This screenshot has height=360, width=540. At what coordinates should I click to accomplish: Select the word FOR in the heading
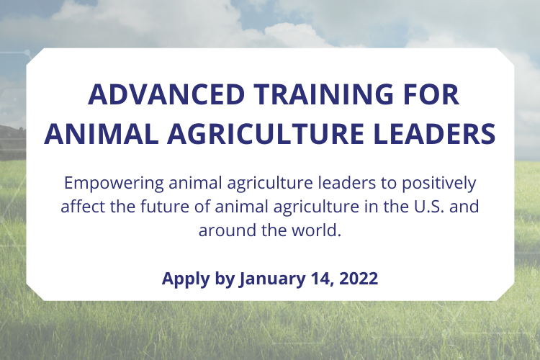click(431, 94)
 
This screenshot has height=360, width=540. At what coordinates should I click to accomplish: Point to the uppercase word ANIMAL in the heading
click(102, 134)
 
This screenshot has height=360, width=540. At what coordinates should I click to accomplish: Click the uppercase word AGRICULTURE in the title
click(266, 134)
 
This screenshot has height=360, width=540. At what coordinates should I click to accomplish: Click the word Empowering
click(114, 184)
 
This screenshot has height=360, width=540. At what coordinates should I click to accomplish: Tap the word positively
click(439, 184)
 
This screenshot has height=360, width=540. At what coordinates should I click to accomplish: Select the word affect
click(83, 207)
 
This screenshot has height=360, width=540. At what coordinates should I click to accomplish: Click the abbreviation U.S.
click(427, 207)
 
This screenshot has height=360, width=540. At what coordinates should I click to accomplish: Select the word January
click(272, 279)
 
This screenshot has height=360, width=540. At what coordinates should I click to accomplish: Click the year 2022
click(359, 278)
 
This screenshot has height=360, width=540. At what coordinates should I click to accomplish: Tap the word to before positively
click(389, 184)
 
